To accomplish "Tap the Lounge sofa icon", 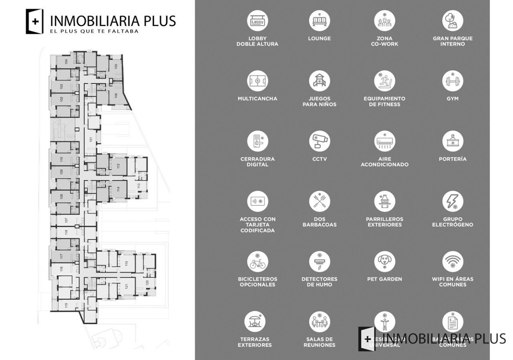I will click(x=319, y=21).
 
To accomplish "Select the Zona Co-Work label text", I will click(x=384, y=41).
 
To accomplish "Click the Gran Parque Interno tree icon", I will click(x=453, y=21).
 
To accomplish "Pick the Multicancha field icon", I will click(x=257, y=81).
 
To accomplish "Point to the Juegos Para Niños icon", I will click(x=319, y=81).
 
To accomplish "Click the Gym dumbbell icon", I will click(x=453, y=81).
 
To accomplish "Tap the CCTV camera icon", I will click(x=319, y=141).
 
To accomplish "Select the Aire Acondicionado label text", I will click(x=384, y=162).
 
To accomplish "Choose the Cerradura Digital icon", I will click(x=257, y=141).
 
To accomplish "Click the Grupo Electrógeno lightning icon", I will click(x=453, y=201).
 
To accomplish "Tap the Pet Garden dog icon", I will click(x=384, y=262).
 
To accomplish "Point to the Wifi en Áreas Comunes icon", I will click(x=453, y=262).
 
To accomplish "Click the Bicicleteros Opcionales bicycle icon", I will click(x=257, y=262).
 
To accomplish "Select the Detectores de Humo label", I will click(x=319, y=282).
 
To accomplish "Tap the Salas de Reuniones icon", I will click(x=319, y=322).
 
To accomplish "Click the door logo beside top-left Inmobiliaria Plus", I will click(x=35, y=21).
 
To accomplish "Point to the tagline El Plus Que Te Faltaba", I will click(x=94, y=31).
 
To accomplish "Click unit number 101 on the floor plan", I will click(x=91, y=139).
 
